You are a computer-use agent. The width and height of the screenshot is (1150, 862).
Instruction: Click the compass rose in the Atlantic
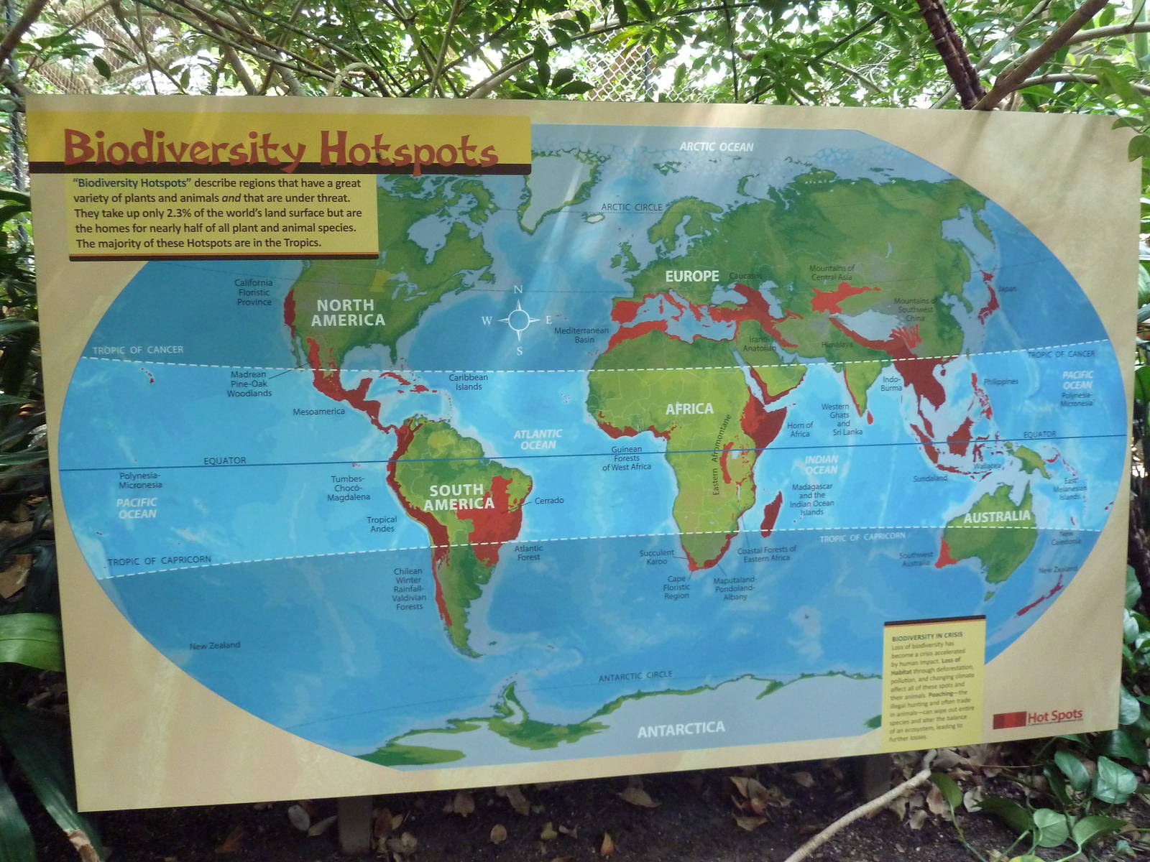click(519, 320)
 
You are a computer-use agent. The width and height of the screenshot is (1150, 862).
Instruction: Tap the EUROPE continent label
click(691, 277)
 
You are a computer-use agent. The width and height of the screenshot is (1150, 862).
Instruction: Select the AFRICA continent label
click(689, 409)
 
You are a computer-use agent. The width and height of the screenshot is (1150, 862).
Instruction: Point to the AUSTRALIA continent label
click(997, 516)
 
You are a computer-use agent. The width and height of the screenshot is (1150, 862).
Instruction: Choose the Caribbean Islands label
click(468, 382)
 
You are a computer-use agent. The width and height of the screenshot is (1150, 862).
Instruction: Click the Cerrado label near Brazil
click(549, 501)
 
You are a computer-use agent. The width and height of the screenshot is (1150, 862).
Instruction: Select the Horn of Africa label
click(800, 430)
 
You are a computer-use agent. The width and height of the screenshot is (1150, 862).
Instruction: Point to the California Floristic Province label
click(254, 292)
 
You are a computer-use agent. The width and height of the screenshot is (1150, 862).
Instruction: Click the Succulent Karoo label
click(657, 557)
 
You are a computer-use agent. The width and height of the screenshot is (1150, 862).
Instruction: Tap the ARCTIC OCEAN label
click(717, 147)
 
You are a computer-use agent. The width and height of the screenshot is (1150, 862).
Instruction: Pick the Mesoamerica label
click(318, 412)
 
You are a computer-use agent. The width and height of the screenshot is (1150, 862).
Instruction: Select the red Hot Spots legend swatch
click(1008, 720)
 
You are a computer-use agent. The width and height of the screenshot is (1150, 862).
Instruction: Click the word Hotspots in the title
click(408, 151)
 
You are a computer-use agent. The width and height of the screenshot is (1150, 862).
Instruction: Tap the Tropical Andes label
click(382, 524)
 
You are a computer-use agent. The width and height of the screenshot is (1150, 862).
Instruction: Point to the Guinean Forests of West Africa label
click(627, 458)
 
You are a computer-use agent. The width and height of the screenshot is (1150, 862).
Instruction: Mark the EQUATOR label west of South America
click(224, 460)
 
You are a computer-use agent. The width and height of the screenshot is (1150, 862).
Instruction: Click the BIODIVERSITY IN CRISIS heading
click(926, 637)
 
